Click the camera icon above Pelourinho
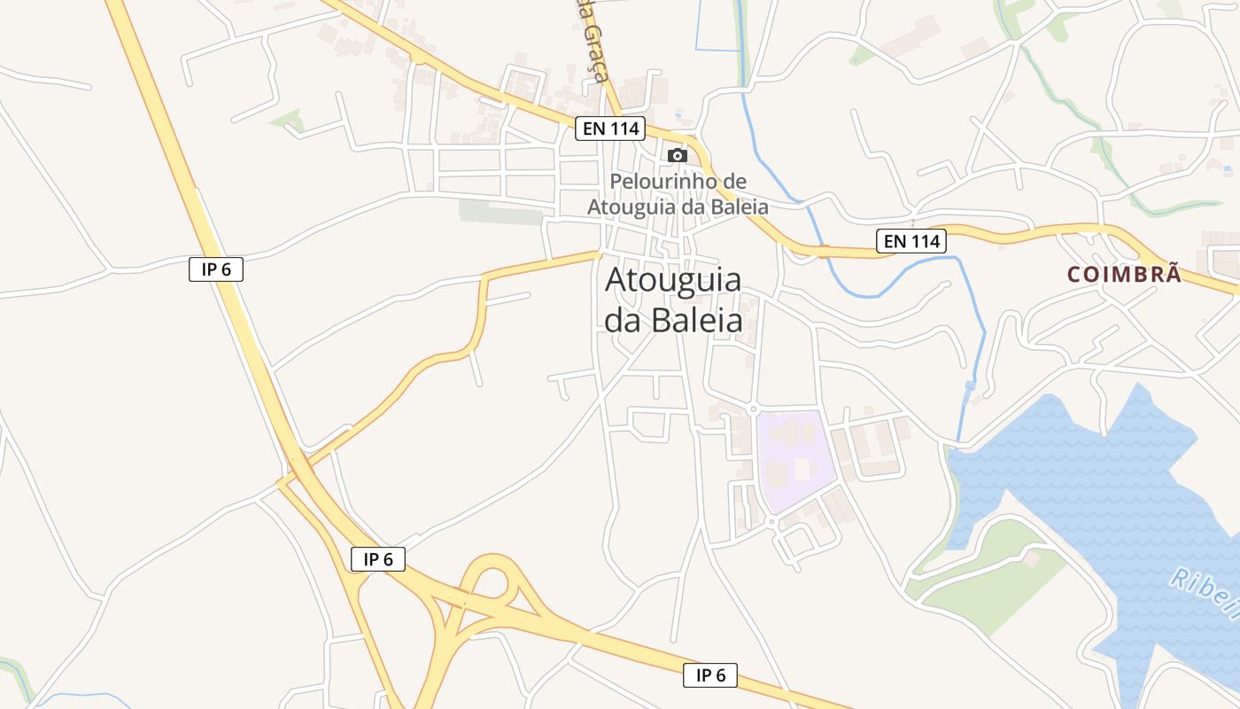pos(678,155)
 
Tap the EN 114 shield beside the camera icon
pos(610,129)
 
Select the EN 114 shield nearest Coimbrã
pos(911,240)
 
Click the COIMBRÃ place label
pos(1124,275)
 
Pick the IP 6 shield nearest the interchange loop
pos(378,559)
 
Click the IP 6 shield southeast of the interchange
pos(710,675)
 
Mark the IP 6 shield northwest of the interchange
pos(216,269)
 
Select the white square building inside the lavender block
pos(803,469)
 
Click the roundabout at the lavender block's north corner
pos(752,409)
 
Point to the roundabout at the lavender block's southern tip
pos(772,521)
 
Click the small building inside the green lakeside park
pos(1031,559)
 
